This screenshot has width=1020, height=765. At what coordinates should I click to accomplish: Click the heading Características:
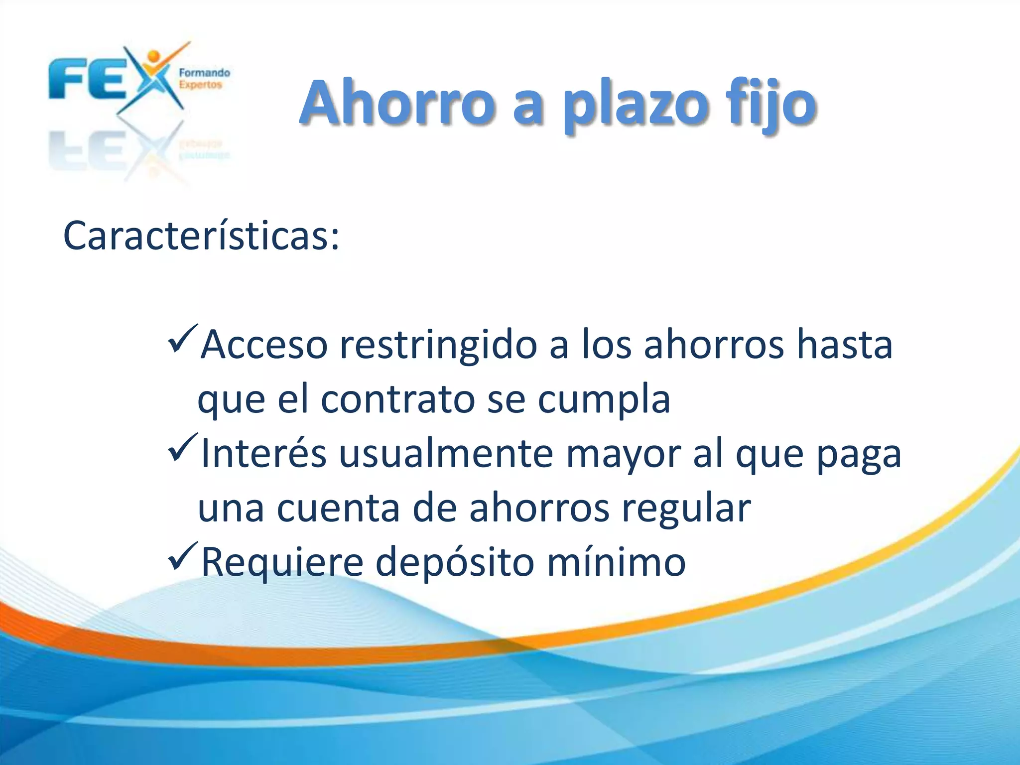coord(201,236)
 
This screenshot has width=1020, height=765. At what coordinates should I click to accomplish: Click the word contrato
coord(398,399)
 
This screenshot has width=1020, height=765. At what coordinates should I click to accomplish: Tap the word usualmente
coord(446,454)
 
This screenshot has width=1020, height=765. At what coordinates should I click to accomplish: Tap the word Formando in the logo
coord(204,73)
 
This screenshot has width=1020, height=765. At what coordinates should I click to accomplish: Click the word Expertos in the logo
coord(200,85)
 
